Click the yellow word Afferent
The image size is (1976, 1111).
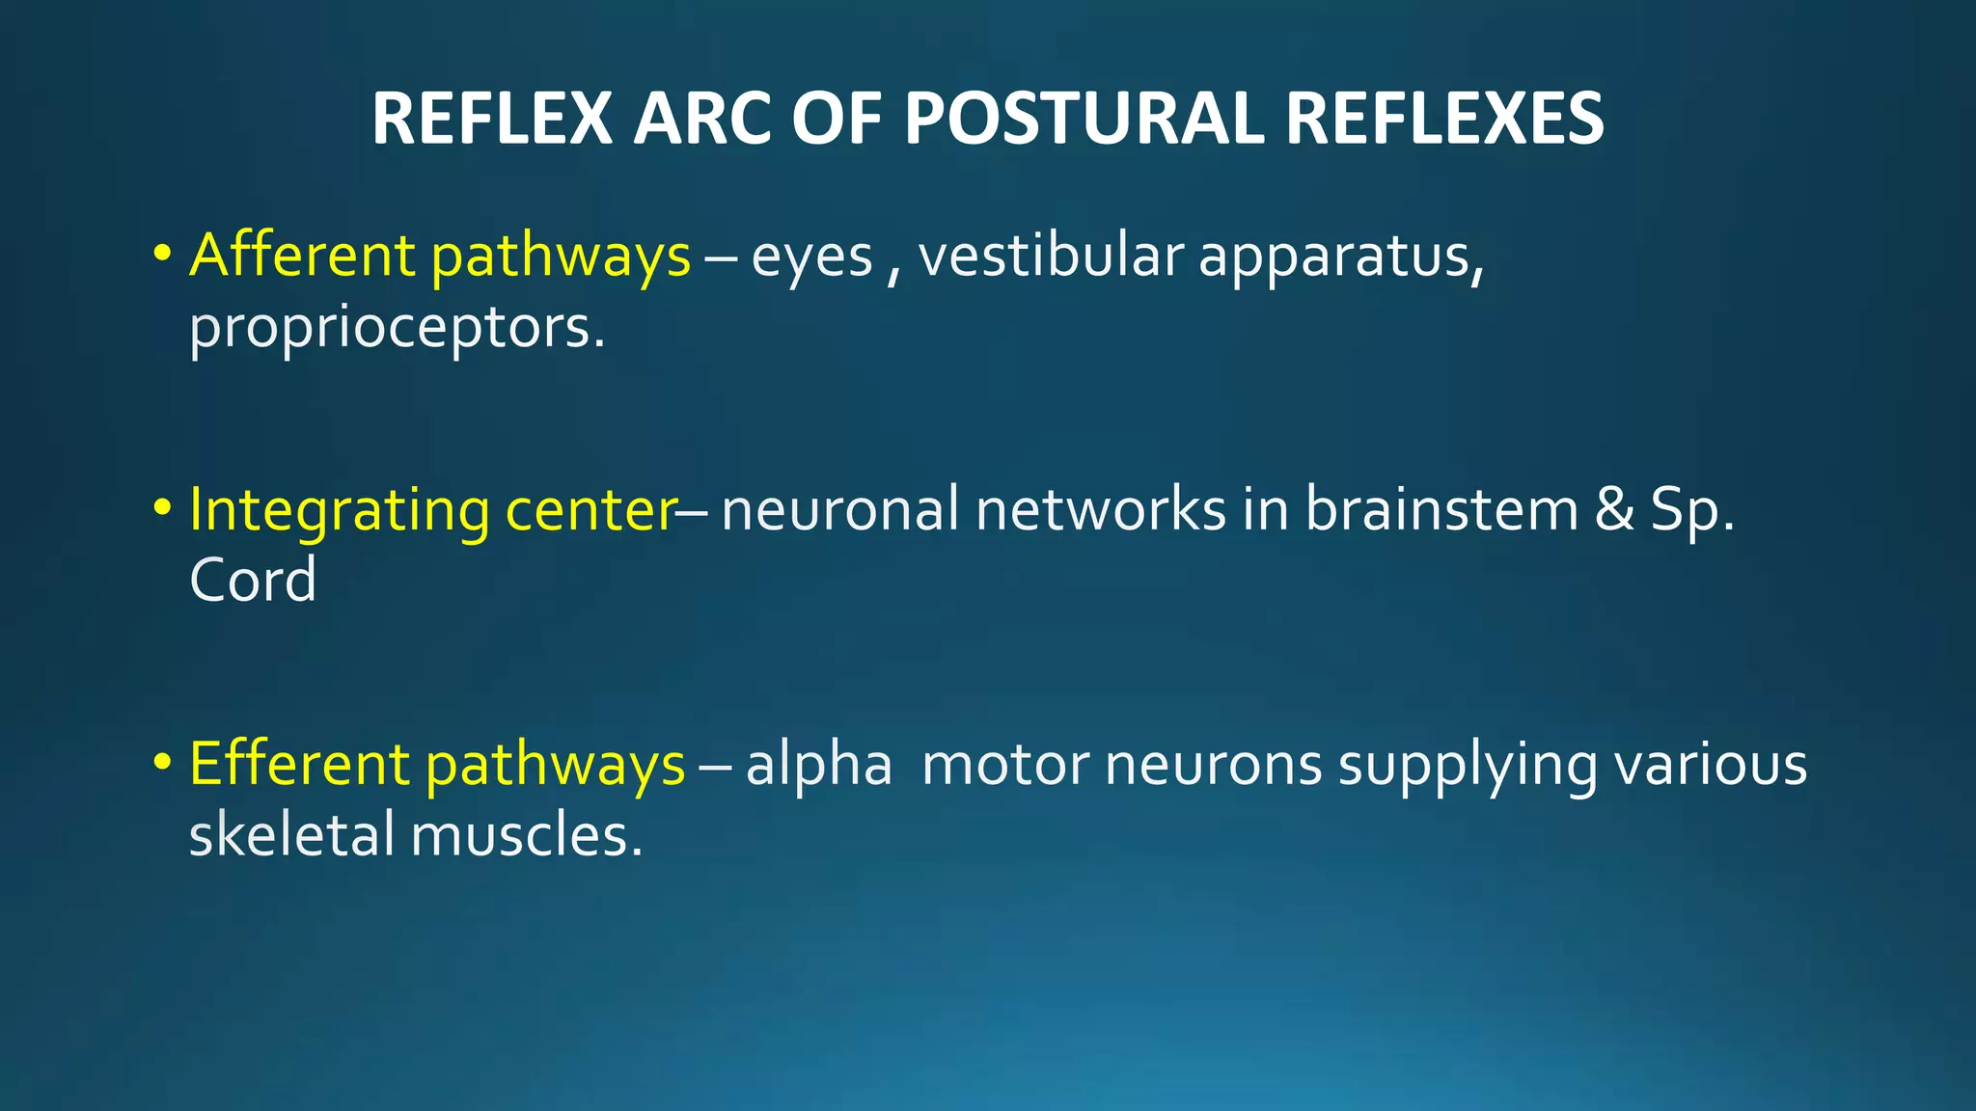[302, 256]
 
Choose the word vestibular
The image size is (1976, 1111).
[1051, 256]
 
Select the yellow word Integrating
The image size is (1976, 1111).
[340, 511]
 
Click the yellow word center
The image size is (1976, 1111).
[591, 511]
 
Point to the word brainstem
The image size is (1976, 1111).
[1441, 509]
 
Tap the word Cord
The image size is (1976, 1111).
[253, 581]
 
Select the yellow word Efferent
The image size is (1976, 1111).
[300, 764]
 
